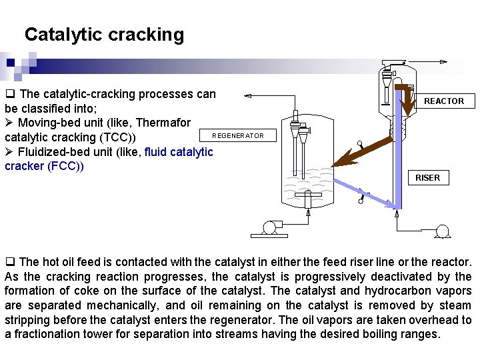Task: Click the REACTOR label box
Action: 444,101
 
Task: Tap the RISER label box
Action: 427,178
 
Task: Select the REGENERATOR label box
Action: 237,136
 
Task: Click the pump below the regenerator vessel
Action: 269,228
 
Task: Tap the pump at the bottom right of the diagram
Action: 440,231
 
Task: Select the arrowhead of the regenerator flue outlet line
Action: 247,97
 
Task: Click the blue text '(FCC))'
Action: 66,166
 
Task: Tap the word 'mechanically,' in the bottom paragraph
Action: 130,305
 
